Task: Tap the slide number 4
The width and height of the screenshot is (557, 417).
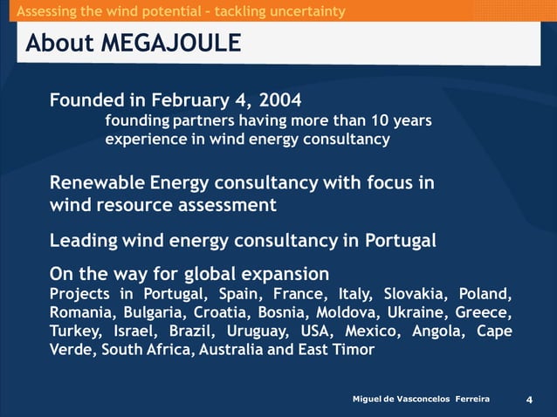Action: click(x=529, y=400)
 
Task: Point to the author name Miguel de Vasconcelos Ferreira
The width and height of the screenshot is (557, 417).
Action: click(x=421, y=399)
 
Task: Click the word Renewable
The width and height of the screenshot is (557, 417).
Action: click(x=96, y=183)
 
